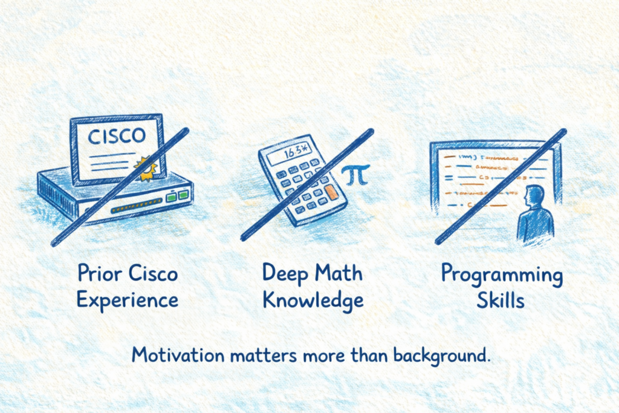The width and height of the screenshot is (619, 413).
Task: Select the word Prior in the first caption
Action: point(99,275)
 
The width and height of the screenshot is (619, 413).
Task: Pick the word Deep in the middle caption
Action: point(284,275)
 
